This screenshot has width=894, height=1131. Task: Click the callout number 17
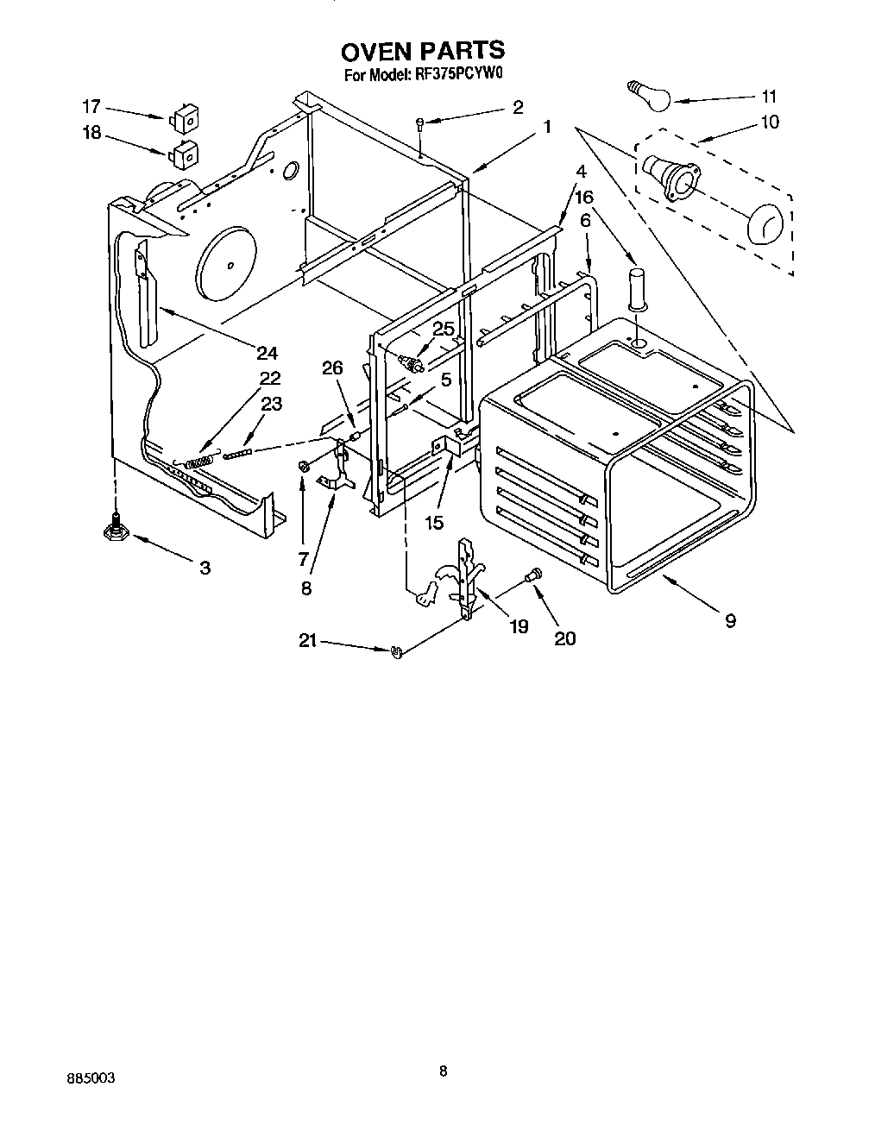pos(91,107)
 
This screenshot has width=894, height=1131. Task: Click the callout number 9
pos(730,619)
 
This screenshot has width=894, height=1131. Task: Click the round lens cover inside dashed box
pos(763,225)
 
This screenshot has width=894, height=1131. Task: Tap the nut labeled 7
pos(304,467)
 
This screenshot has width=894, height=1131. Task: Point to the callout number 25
pos(443,329)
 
